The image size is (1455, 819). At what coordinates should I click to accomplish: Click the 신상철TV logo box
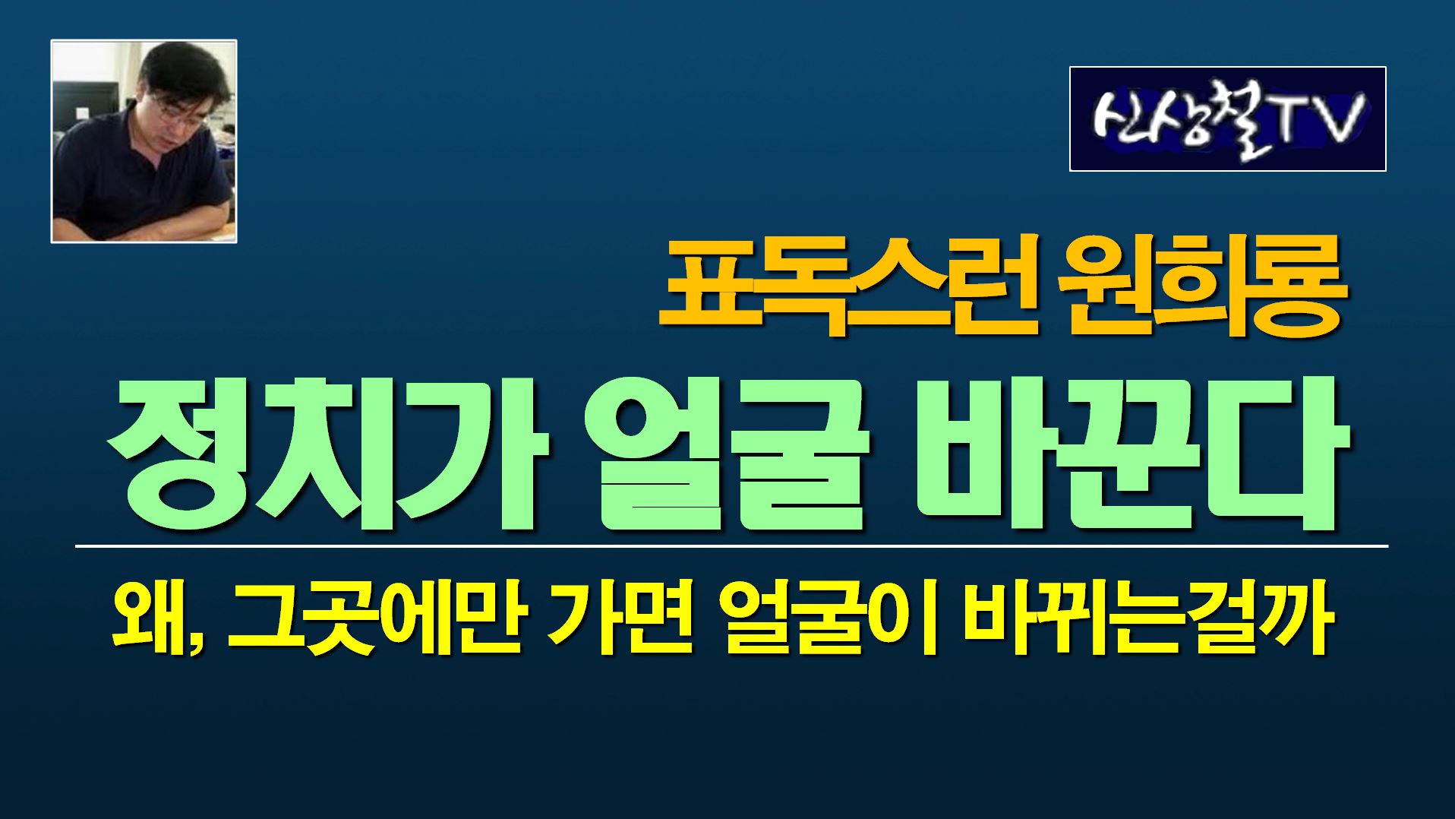(x=1227, y=119)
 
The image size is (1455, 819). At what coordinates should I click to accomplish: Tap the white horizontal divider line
(x=731, y=545)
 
